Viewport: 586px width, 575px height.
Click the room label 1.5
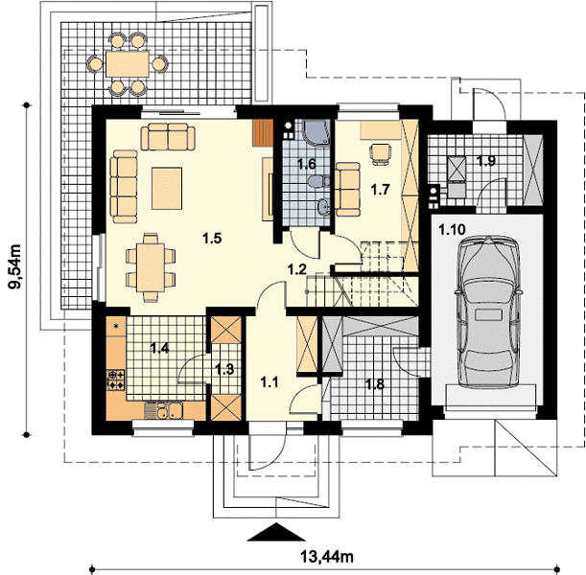[x=212, y=239]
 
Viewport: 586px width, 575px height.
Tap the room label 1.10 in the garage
[x=452, y=229]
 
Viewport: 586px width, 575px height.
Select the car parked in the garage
[x=487, y=311]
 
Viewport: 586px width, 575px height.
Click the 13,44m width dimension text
[x=327, y=557]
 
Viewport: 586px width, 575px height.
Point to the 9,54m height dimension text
[x=15, y=266]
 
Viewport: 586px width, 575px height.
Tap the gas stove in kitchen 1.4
[x=116, y=379]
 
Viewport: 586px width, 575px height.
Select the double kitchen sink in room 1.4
[x=163, y=410]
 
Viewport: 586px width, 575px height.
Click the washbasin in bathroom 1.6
[x=323, y=206]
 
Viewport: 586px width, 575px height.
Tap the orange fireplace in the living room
[x=263, y=132]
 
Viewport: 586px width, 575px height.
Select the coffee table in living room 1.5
[x=167, y=188]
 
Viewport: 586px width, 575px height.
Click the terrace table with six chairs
[x=128, y=64]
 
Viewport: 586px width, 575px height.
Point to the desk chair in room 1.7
[x=381, y=154]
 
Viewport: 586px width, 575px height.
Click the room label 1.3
[x=224, y=369]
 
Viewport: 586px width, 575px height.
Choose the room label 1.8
[x=374, y=384]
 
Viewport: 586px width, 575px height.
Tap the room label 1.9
[x=486, y=161]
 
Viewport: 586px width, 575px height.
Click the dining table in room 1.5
[x=151, y=267]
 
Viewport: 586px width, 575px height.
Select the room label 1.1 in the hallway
[x=270, y=382]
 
